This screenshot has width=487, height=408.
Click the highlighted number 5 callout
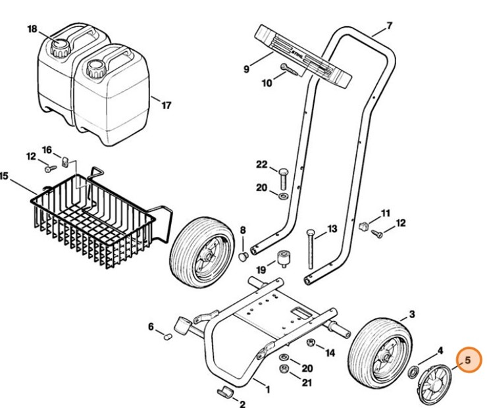468,360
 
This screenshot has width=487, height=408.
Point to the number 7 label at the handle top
388,26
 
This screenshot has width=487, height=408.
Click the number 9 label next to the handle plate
247,68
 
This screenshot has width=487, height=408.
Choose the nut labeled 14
312,344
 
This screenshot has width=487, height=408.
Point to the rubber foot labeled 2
224,392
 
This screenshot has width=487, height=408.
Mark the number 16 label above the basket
47,151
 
